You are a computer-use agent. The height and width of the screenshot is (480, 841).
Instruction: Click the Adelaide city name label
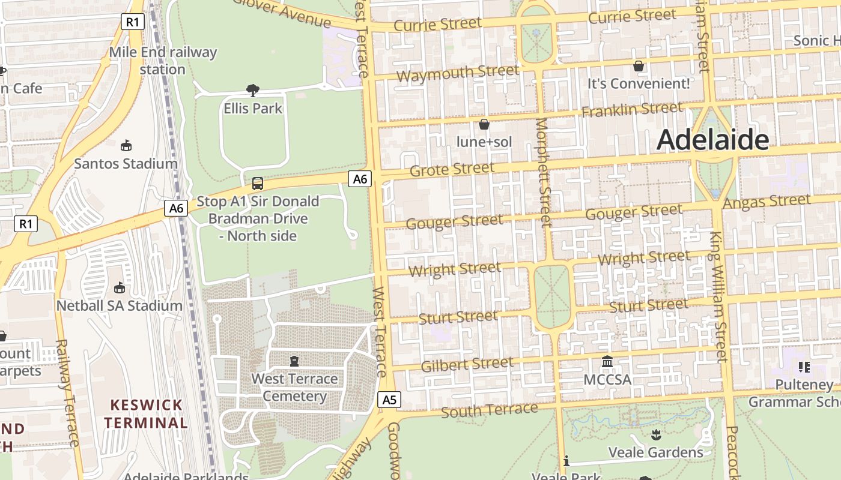[712, 140]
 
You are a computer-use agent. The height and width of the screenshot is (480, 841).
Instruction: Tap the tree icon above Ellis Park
[253, 91]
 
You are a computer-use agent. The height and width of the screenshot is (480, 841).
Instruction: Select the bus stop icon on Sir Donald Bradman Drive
[258, 184]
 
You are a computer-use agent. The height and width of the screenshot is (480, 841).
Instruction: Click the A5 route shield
[390, 400]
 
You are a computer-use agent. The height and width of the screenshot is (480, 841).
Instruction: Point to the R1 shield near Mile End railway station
[133, 22]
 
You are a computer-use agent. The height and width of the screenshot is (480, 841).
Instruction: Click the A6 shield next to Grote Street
[360, 179]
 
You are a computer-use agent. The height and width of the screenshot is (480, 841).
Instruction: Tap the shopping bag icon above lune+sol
[484, 124]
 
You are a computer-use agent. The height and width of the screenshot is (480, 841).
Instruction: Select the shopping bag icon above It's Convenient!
[639, 66]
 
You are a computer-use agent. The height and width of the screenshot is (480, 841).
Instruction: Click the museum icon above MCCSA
[607, 362]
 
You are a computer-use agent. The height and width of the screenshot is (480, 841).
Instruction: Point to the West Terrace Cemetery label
[294, 388]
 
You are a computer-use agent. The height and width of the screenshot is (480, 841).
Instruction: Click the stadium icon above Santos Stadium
[126, 146]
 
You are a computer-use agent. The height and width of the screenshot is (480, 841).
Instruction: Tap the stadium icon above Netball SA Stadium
[119, 288]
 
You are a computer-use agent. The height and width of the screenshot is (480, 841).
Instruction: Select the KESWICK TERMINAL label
[145, 413]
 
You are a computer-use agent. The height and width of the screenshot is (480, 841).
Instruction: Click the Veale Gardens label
[655, 452]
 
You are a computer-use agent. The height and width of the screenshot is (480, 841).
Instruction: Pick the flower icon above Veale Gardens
[655, 434]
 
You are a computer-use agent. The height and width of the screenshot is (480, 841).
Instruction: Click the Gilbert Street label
[467, 364]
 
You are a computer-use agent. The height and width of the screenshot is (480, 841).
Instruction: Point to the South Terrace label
[489, 411]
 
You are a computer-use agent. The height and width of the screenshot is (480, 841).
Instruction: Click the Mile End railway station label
[163, 61]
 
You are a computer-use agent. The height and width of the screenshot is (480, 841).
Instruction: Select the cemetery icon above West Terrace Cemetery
[294, 361]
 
